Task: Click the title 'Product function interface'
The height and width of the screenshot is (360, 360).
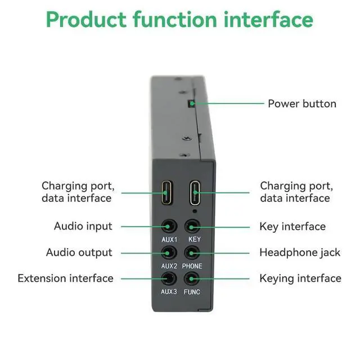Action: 179,20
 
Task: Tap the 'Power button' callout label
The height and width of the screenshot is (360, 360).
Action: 301,103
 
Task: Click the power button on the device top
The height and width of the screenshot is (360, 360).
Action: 192,103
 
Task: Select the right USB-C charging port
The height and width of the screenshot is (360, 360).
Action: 194,193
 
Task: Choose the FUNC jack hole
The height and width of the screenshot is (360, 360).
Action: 192,278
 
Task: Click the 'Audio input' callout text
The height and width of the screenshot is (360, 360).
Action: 83,226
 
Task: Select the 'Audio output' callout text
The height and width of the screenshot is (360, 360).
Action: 79,253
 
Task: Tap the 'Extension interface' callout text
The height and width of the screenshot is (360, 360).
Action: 65,278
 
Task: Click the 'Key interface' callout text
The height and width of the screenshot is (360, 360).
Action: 292,227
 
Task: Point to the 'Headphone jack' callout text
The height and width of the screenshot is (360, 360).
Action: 300,253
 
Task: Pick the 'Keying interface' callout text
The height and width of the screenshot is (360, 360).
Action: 300,278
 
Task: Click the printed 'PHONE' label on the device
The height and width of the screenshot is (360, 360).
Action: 192,265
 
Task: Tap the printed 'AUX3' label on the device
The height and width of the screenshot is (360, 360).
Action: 169,291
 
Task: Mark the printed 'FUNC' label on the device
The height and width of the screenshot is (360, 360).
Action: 192,291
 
